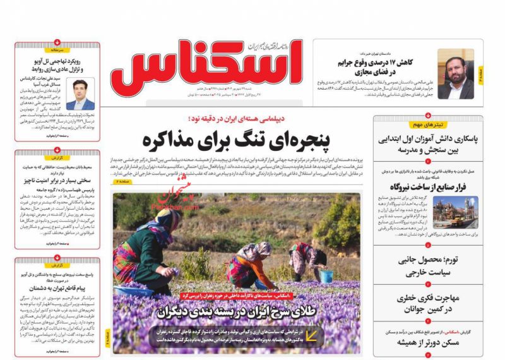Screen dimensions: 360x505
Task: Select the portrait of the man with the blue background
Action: (80, 94)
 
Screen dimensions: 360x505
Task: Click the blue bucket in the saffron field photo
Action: (326, 276)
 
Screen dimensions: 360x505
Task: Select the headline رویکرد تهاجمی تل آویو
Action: (57, 65)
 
